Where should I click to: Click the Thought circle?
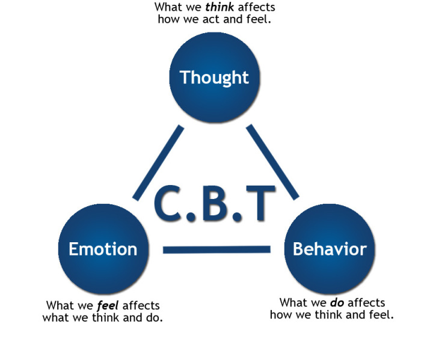215,77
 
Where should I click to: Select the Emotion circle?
103,248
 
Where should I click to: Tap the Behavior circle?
329,248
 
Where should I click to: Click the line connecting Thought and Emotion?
158,162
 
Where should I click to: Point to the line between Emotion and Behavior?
216,249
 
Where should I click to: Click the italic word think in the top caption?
223,7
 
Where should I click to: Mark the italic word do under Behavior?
337,302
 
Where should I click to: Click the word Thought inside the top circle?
215,78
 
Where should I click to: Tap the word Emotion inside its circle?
103,248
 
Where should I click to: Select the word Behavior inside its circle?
329,248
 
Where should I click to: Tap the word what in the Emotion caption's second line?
55,317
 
